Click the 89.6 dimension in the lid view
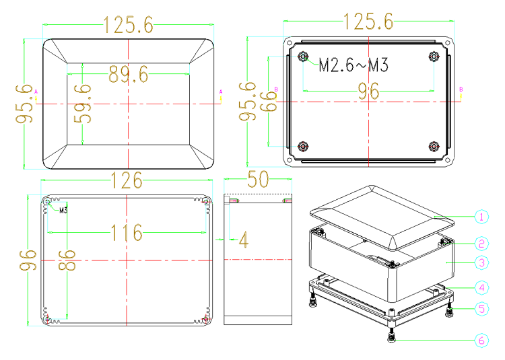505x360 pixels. click(128, 74)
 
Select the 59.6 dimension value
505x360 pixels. click(83, 104)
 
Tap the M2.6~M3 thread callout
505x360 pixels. click(353, 65)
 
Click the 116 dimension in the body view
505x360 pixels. click(127, 232)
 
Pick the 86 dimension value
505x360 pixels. click(67, 260)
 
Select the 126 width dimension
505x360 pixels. click(127, 180)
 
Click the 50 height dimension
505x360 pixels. click(258, 179)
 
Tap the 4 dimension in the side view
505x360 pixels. click(244, 240)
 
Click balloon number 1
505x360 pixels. click(481, 217)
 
